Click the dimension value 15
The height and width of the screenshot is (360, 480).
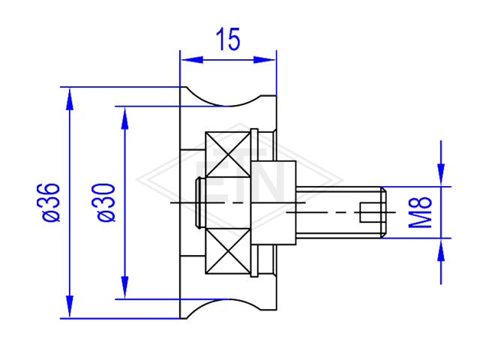tap(228, 39)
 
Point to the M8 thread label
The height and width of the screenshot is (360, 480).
tap(420, 212)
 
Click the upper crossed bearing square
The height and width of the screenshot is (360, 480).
tap(228, 154)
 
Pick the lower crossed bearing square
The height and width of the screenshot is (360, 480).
tap(228, 251)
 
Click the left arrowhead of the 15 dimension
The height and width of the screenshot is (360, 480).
tap(192, 60)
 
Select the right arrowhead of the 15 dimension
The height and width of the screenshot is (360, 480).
tap(265, 60)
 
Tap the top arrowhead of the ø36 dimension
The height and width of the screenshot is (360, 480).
tap(70, 98)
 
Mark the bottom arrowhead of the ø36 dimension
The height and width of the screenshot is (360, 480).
tap(70, 307)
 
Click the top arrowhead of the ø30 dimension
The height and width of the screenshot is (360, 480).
tap(124, 118)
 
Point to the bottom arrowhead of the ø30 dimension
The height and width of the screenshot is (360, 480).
tap(124, 287)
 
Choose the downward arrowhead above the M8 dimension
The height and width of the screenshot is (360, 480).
tap(441, 175)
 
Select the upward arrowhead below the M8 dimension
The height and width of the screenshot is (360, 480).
tap(441, 249)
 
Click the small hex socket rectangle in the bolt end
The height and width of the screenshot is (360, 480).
tap(370, 212)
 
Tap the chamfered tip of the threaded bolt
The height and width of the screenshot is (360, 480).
tap(383, 212)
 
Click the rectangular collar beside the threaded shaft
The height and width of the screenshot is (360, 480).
tap(273, 202)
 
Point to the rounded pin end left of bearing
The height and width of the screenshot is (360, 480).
tap(199, 202)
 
